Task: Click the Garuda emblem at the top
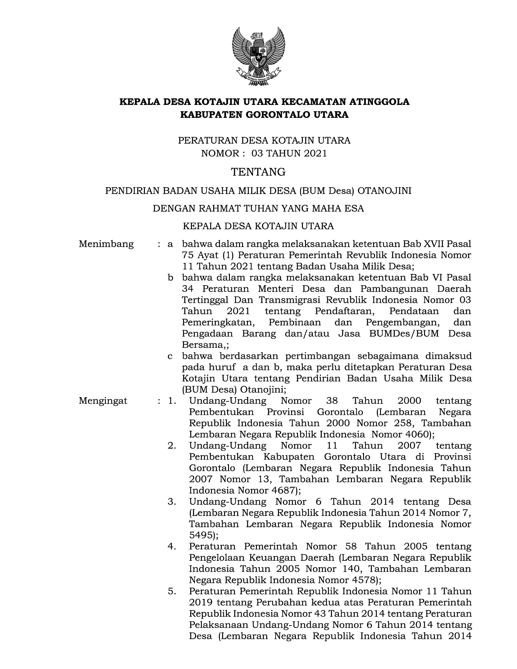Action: (258, 56)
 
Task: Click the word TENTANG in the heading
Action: (258, 172)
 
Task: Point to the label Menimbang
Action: (106, 244)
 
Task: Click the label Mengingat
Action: (103, 401)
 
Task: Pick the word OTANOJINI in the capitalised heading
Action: (384, 191)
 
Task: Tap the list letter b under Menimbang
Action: (170, 278)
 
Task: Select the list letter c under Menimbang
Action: (170, 356)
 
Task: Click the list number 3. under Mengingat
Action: (172, 501)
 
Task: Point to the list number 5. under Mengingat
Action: (172, 591)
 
